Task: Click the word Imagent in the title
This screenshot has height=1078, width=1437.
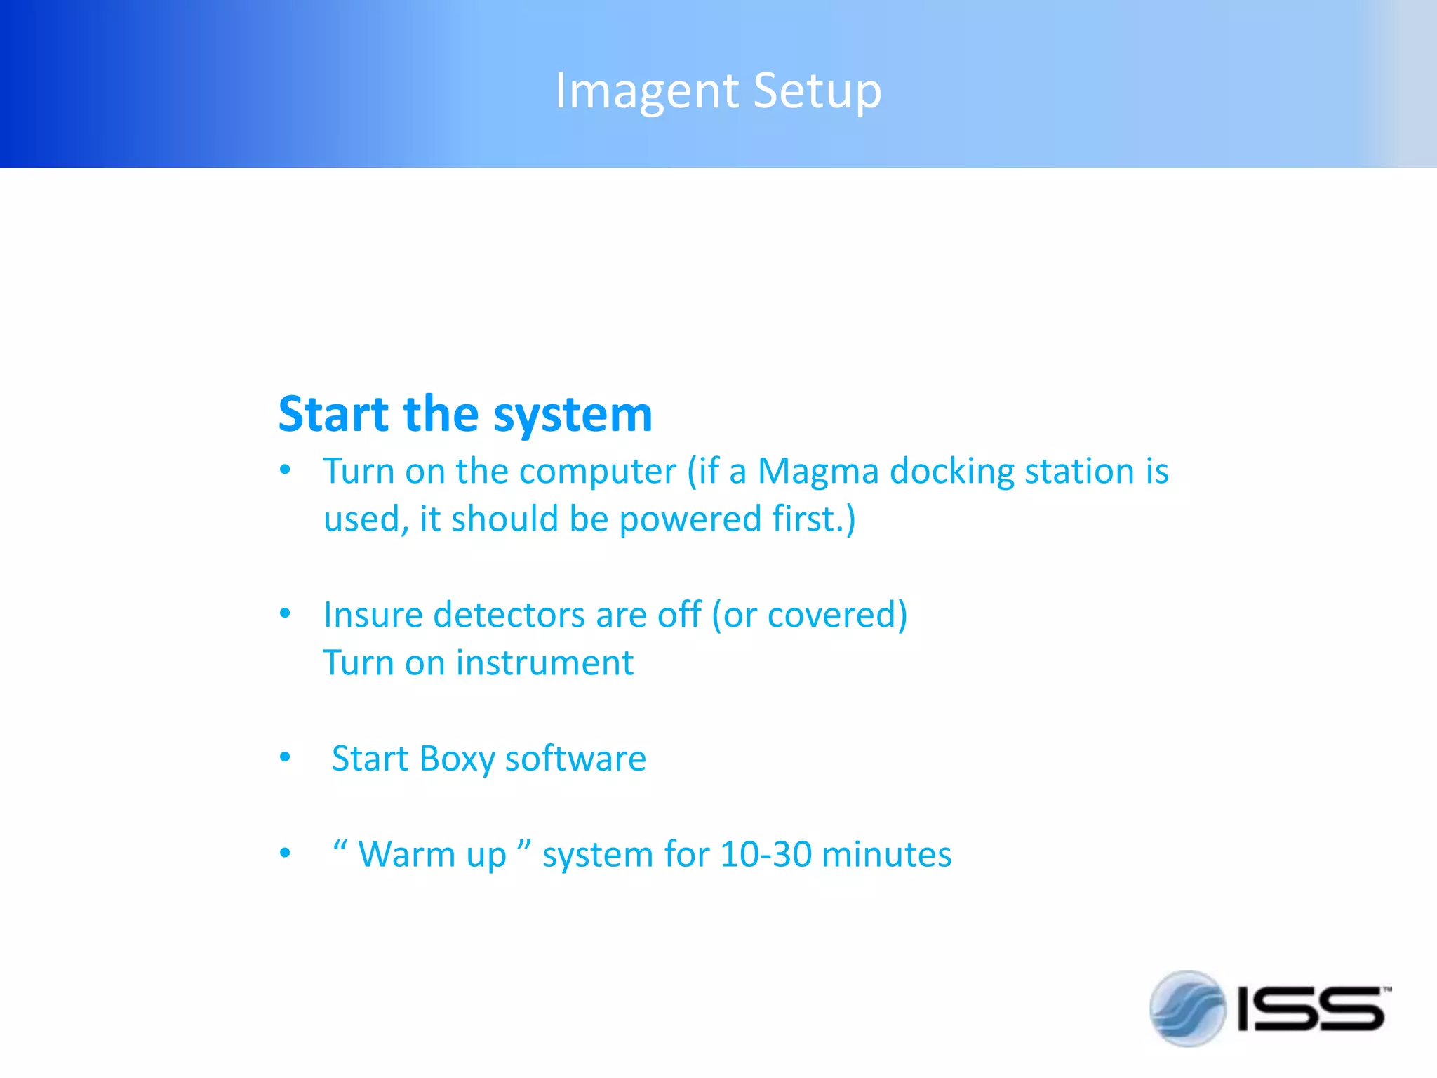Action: click(646, 91)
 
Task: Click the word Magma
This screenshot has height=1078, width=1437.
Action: click(818, 471)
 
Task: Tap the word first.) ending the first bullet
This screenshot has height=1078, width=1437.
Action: click(814, 519)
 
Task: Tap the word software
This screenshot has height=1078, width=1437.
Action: click(575, 759)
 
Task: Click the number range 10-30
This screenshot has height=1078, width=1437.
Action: click(766, 855)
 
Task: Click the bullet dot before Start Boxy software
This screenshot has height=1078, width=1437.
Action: click(285, 758)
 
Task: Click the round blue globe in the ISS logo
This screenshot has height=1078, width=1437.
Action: click(1187, 1009)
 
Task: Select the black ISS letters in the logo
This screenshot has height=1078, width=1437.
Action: click(1311, 1009)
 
